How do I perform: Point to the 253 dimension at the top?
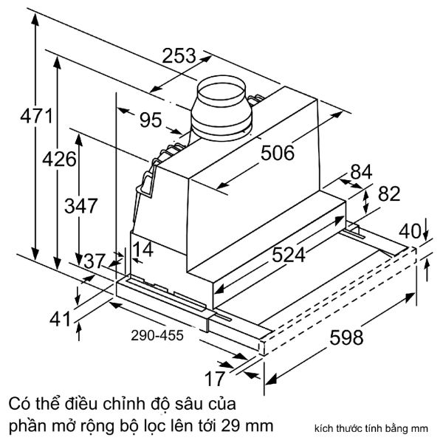(179, 55)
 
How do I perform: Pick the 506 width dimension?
(278, 153)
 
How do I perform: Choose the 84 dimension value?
(361, 171)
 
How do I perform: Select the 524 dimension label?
(287, 255)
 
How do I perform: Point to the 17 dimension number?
(215, 380)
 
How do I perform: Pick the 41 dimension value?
(61, 320)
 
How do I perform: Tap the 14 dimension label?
(145, 250)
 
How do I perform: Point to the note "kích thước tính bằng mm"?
(382, 428)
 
